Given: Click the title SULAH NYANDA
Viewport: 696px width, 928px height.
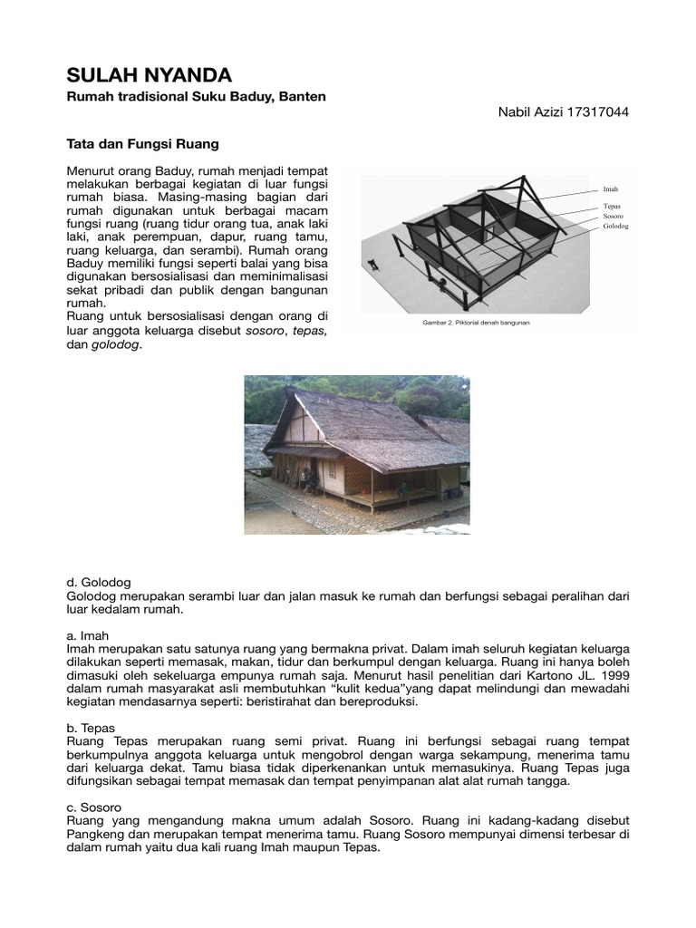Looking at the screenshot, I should coord(150,74).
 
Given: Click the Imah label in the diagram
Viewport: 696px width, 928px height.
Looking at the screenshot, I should coord(610,189).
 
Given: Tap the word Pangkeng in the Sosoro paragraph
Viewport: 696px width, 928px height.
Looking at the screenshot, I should coord(101,835).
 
